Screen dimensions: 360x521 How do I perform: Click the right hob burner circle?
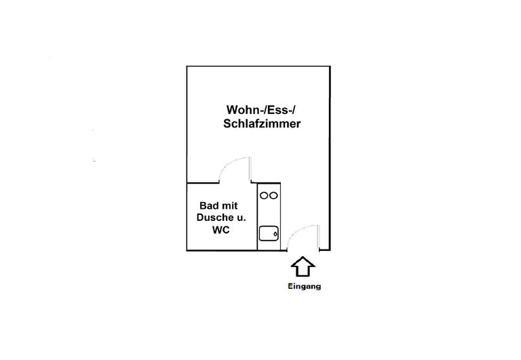pyautogui.click(x=274, y=196)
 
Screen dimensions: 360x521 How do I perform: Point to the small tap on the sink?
pyautogui.click(x=275, y=234)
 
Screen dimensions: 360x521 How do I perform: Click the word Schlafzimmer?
pyautogui.click(x=262, y=124)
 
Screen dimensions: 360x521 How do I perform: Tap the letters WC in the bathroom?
pyautogui.click(x=220, y=231)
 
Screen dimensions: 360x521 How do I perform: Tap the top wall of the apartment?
pyautogui.click(x=258, y=66)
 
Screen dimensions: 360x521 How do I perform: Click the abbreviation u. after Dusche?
pyautogui.click(x=240, y=218)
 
